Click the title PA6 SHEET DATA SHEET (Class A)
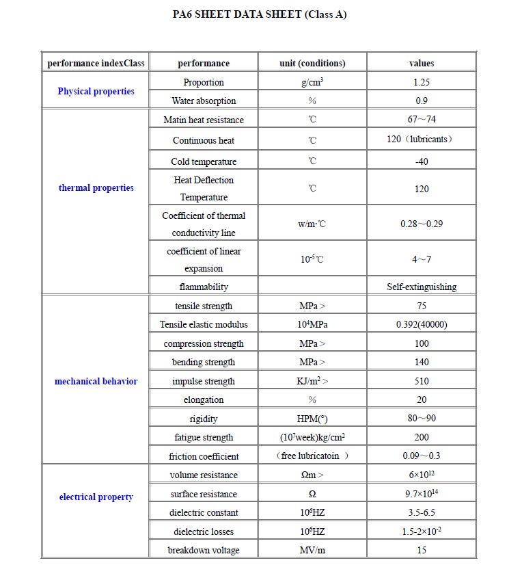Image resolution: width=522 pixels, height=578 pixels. pos(260,14)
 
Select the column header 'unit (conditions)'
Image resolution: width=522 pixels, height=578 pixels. pos(312,63)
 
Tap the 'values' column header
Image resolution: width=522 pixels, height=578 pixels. pos(422,63)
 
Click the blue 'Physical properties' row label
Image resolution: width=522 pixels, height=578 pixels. pos(96,91)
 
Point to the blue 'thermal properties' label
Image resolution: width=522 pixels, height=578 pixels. pos(96,187)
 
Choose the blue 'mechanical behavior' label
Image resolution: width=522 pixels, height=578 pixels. pos(96,381)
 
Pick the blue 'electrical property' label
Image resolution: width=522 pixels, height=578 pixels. pos(96,497)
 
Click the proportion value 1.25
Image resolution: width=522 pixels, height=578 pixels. pos(422,82)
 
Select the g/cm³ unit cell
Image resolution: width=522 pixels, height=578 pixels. pos(312,82)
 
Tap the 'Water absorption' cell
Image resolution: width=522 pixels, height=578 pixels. pos(204,101)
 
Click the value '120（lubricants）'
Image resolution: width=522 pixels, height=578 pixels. pos(422,140)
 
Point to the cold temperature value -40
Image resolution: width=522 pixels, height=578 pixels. pos(422,161)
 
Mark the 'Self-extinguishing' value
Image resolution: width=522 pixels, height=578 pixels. pos(422,287)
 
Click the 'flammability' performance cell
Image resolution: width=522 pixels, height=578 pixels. pos(204,287)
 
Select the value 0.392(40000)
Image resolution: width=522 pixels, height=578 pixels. pos(422,324)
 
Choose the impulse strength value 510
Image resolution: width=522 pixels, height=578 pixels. pos(422,381)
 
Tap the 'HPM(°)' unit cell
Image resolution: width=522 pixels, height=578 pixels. pos(312,419)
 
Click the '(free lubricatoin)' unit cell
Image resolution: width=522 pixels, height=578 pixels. pos(312,456)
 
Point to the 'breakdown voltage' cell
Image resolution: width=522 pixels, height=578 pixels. pos(204,550)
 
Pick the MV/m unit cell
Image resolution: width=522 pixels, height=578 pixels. pos(312,550)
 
